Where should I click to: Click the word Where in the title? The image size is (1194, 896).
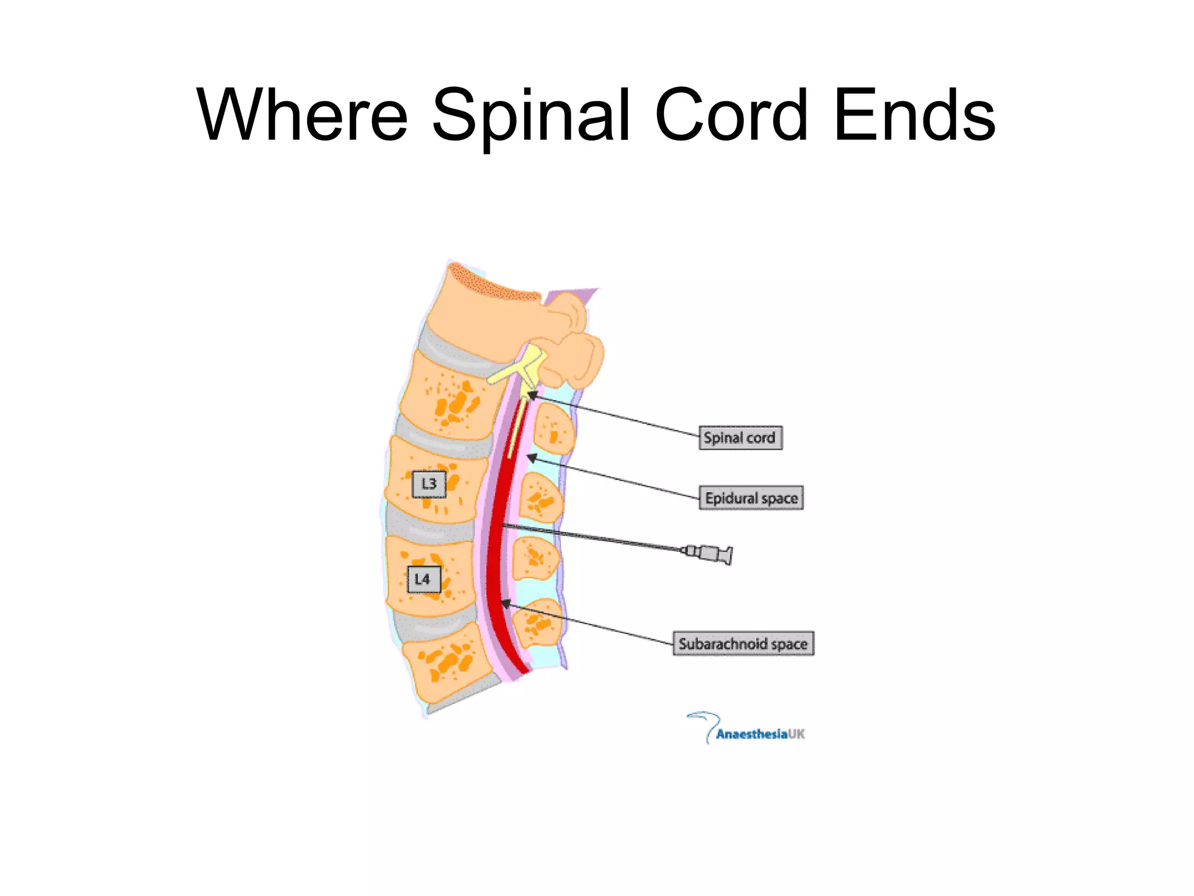point(302,114)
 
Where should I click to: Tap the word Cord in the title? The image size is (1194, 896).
point(731,114)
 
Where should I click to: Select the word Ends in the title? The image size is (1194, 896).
point(914,114)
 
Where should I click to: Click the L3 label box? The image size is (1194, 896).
point(429,484)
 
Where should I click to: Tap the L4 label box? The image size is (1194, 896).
point(423,579)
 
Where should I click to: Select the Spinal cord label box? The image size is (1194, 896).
point(740,437)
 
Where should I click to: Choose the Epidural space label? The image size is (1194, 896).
point(751,498)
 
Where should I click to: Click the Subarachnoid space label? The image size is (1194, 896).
point(743,644)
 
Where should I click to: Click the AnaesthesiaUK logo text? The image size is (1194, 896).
point(760,734)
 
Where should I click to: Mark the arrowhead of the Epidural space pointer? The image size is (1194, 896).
point(531,457)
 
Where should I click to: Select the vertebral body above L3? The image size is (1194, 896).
point(446,397)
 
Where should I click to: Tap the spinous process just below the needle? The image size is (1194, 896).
point(535,558)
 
